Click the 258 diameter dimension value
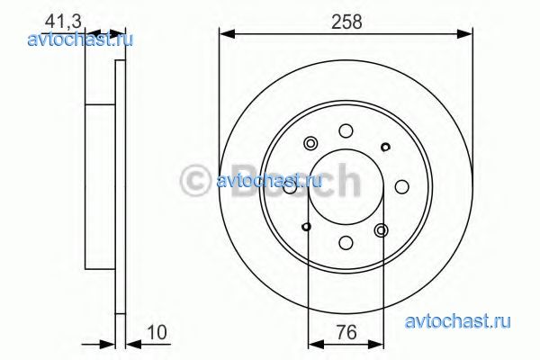pyautogui.click(x=346, y=22)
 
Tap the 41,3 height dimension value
pyautogui.click(x=63, y=22)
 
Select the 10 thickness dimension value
pyautogui.click(x=157, y=332)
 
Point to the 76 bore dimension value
pyautogui.click(x=346, y=332)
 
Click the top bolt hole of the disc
pyautogui.click(x=346, y=130)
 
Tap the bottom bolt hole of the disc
pyautogui.click(x=346, y=242)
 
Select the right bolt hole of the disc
pyautogui.click(x=401, y=186)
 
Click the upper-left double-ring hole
pyautogui.click(x=310, y=143)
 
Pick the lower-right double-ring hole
pyautogui.click(x=382, y=230)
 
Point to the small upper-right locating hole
pyautogui.click(x=385, y=147)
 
